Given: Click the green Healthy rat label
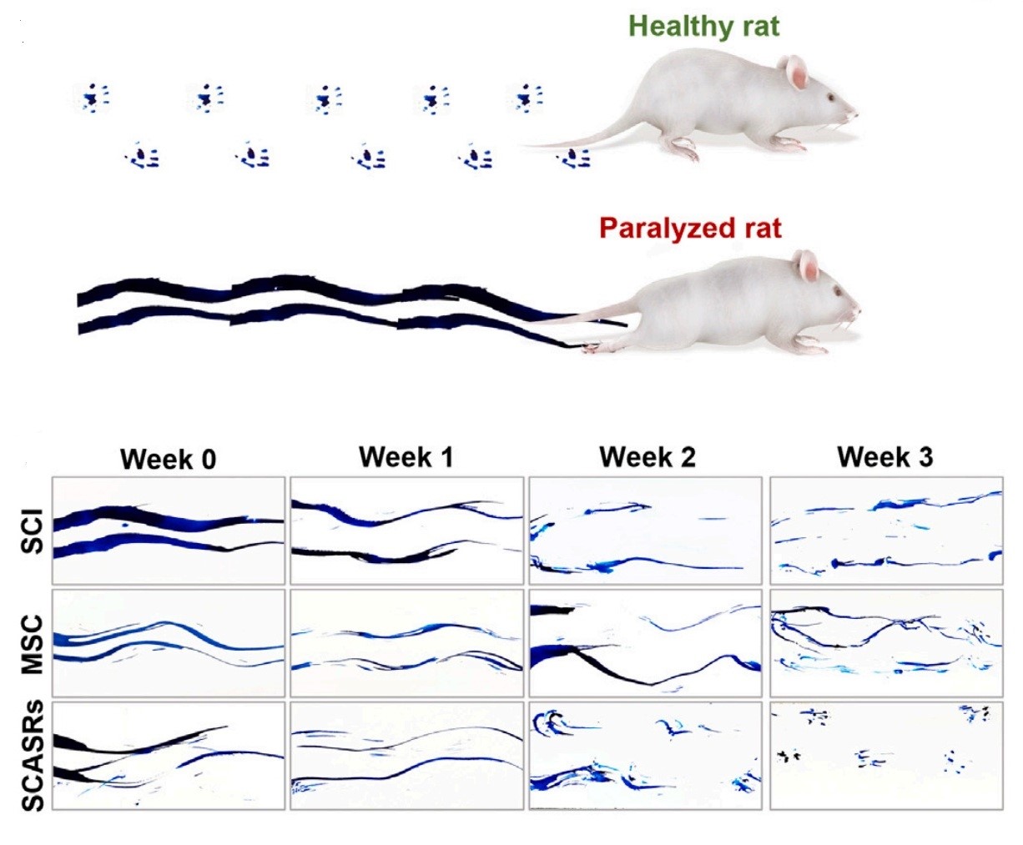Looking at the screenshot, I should [703, 26].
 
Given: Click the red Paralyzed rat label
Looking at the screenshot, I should [690, 228].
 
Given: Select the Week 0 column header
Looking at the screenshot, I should [168, 459].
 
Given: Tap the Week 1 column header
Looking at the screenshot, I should [406, 457].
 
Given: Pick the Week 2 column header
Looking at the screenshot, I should [647, 457].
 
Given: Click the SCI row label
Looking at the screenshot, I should [32, 531].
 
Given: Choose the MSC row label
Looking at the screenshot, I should [32, 643].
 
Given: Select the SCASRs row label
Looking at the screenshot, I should [32, 756].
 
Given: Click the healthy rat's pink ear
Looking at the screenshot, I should [796, 73].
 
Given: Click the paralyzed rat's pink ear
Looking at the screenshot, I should [809, 266].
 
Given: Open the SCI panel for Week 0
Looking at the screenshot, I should [169, 531].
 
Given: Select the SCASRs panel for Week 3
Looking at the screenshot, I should [885, 756].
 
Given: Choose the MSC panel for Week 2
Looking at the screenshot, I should [646, 643].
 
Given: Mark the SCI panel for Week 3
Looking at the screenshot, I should [885, 531].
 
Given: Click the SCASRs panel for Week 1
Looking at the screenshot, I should [406, 756].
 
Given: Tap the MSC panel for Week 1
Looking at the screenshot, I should [406, 643].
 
